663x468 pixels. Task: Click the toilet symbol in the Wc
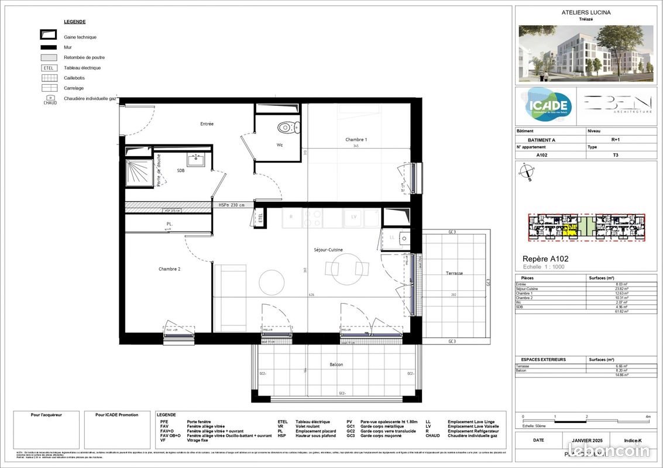(x=286, y=127)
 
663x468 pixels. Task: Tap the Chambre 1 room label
(x=356, y=140)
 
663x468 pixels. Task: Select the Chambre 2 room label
(x=169, y=269)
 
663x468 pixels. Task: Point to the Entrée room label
(x=207, y=124)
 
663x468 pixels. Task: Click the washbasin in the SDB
(x=195, y=159)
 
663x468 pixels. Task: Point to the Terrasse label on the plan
(x=454, y=273)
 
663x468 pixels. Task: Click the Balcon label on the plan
(x=336, y=364)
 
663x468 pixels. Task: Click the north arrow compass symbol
(x=527, y=173)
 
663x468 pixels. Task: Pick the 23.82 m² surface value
(x=596, y=289)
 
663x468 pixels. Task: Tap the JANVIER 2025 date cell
(x=582, y=441)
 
